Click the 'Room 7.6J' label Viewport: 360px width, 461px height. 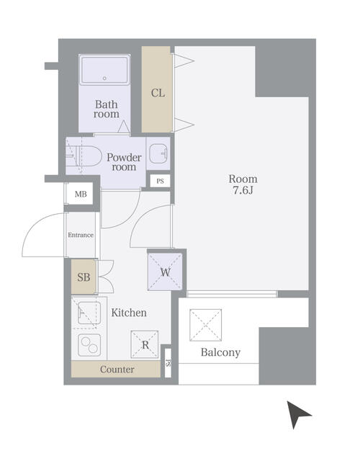click(243, 184)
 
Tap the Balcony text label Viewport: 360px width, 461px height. click(220, 352)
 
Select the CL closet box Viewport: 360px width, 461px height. click(157, 91)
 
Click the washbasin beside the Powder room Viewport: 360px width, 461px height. click(158, 153)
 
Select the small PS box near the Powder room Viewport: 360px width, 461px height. click(160, 181)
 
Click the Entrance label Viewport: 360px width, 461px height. click(81, 235)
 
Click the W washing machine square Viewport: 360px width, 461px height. click(165, 272)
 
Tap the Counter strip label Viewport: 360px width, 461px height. click(117, 370)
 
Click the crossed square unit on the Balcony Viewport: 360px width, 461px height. click(205, 325)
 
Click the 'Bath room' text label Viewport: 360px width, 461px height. click(107, 109)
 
